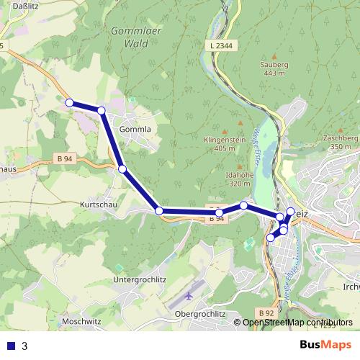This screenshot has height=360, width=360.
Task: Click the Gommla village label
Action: [135, 130]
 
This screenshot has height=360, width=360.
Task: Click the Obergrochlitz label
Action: [201, 315]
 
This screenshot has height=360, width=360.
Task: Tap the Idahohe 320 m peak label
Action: [240, 179]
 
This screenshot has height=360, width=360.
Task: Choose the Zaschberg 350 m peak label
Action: [341, 142]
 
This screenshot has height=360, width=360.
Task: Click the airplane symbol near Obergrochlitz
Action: [189, 295]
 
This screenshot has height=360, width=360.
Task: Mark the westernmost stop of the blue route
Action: [70, 103]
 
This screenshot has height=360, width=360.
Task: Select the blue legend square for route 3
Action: [11, 346]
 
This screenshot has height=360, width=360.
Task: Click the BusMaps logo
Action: [326, 345]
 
